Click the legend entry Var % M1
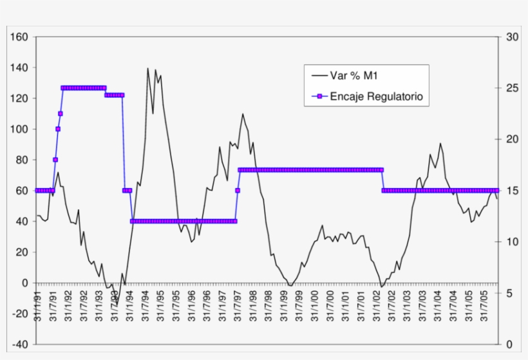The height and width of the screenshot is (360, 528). pyautogui.click(x=353, y=76)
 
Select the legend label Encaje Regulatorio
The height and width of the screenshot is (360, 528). pyautogui.click(x=376, y=97)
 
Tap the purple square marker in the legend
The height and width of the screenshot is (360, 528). pyautogui.click(x=320, y=97)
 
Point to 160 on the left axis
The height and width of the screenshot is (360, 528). pyautogui.click(x=19, y=37)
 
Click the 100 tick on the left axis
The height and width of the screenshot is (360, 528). pyautogui.click(x=19, y=129)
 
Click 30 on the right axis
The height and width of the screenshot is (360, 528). pyautogui.click(x=512, y=37)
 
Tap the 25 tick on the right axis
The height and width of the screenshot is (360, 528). pyautogui.click(x=512, y=88)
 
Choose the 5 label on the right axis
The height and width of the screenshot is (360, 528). pyautogui.click(x=509, y=293)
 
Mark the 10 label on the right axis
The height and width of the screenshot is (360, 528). pyautogui.click(x=512, y=242)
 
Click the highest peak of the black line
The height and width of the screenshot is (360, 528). pyautogui.click(x=147, y=68)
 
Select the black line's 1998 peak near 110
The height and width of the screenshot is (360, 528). pyautogui.click(x=243, y=114)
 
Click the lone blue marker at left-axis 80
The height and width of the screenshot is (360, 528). pyautogui.click(x=55, y=160)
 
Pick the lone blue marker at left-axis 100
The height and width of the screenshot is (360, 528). pyautogui.click(x=58, y=129)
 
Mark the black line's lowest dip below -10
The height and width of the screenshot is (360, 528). pyautogui.click(x=117, y=305)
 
